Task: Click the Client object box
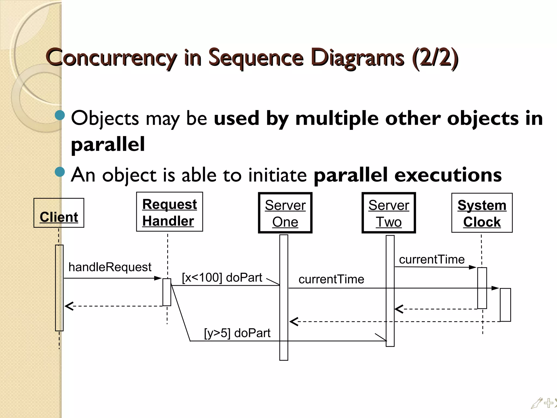[59, 213]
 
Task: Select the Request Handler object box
[169, 212]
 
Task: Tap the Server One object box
[285, 213]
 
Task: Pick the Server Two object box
[389, 213]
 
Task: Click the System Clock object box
[482, 213]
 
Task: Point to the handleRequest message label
[110, 267]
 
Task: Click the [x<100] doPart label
[222, 278]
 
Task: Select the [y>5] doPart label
[237, 333]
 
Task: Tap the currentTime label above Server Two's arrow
[432, 260]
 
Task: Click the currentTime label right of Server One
[331, 279]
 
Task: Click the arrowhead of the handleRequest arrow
[158, 278]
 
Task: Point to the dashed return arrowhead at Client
[69, 306]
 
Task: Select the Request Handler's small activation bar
[167, 292]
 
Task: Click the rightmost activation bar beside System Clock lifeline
[505, 305]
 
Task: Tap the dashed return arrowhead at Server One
[294, 322]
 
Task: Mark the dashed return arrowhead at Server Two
[399, 309]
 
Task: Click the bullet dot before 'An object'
[60, 172]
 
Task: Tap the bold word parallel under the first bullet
[108, 144]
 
